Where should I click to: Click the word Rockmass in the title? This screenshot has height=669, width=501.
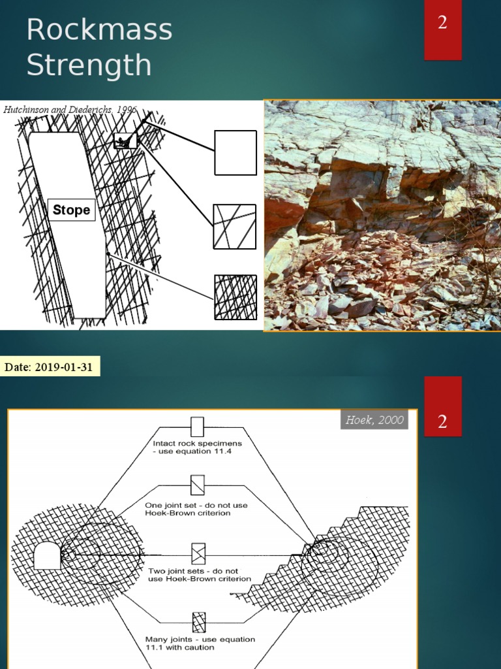99,31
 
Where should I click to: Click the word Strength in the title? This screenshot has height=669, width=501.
89,65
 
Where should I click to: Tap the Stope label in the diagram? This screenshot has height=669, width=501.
72,210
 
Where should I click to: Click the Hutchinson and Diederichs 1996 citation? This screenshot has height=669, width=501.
70,110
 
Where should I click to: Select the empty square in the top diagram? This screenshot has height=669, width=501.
235,153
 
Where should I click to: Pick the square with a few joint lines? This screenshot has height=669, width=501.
235,227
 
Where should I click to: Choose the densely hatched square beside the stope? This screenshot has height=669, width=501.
235,297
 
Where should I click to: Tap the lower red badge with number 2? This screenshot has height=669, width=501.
443,422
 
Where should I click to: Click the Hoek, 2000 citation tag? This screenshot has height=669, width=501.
374,420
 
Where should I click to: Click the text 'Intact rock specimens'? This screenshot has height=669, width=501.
192,444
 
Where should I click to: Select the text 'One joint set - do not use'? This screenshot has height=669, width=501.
196,505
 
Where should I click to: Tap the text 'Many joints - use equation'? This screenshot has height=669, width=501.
200,639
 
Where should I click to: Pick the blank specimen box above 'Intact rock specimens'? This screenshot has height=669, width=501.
197,427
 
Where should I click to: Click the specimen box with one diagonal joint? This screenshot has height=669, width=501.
197,485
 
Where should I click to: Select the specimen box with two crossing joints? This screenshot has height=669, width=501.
197,554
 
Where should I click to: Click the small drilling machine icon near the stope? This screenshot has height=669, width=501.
125,141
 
